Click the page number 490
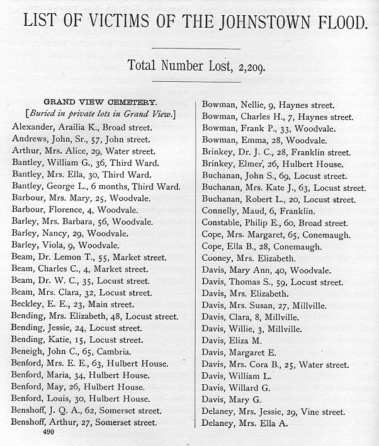point(48,433)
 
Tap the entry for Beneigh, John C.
point(72,352)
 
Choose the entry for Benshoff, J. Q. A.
point(85,411)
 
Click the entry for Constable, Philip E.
point(274,223)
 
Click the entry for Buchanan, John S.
point(274,176)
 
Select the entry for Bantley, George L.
point(96,186)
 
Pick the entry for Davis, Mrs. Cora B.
point(275,365)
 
